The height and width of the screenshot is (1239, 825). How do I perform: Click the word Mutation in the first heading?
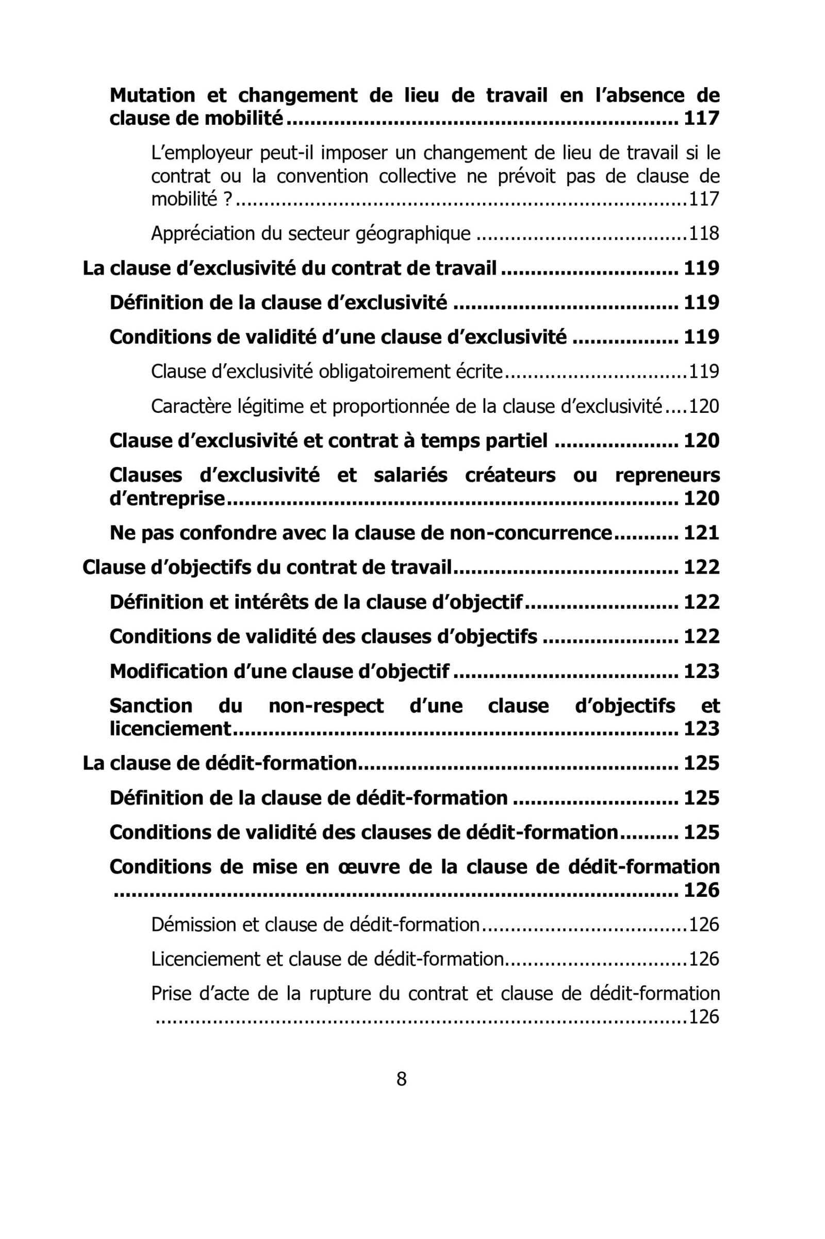[152, 95]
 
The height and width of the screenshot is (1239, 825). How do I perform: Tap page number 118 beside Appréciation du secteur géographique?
[703, 233]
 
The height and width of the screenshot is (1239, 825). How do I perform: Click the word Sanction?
[151, 705]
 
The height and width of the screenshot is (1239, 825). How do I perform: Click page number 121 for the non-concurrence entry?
[701, 533]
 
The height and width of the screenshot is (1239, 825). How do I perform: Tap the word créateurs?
[510, 475]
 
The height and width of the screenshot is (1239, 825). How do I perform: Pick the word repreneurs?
[667, 475]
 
